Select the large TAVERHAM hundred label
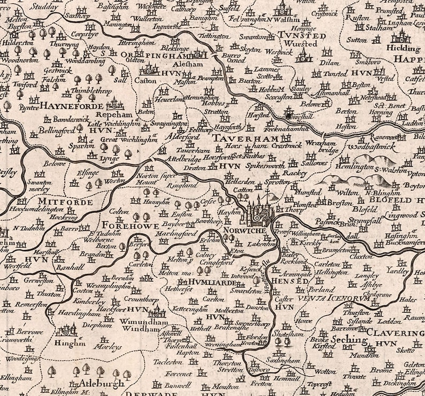(x=240, y=138)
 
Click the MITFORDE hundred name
(x=65, y=202)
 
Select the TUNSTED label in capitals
(x=302, y=35)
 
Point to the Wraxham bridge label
(x=323, y=147)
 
